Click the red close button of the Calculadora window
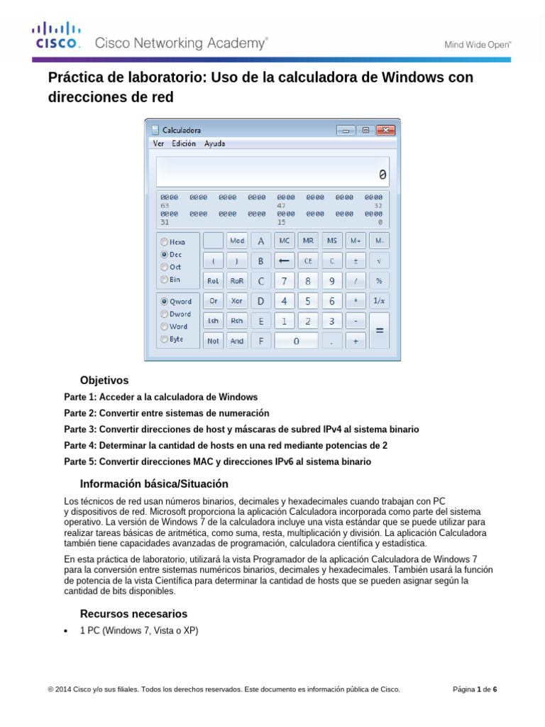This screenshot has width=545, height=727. coord(385,130)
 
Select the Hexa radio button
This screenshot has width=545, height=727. coord(165,241)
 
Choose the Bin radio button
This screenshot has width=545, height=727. coord(165,280)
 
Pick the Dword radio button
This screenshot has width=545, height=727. coord(165,313)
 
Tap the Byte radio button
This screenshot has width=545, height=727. coord(165,339)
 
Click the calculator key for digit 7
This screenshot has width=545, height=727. coord(285,280)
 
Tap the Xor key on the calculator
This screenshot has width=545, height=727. coord(236,300)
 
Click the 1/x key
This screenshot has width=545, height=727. coord(379,300)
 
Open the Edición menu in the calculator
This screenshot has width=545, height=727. coord(183,143)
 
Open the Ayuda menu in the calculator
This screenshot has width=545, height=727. coord(214,143)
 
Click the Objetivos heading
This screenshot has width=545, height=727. coord(104,381)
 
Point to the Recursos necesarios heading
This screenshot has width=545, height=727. coord(133,613)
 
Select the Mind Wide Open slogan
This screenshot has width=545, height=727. coord(478,44)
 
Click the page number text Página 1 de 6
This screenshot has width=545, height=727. coord(475,689)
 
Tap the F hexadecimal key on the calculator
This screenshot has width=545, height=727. coord(260,341)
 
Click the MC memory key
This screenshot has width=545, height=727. coord(285,241)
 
